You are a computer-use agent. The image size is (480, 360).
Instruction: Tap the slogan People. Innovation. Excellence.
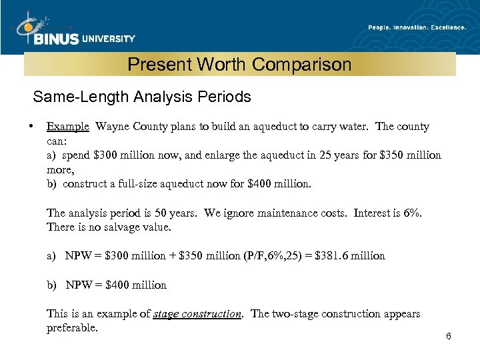tap(417, 27)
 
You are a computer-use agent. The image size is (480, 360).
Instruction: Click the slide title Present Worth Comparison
tap(239, 65)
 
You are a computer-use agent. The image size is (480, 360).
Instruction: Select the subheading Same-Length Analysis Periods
tap(142, 97)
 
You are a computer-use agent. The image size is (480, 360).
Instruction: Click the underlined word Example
tap(67, 127)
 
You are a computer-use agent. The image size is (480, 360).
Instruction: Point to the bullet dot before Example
tap(31, 126)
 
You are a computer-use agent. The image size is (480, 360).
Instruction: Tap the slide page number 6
tap(449, 336)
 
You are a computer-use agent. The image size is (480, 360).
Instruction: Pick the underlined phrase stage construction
tap(197, 314)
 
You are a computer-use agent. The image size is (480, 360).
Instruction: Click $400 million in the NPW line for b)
tap(136, 285)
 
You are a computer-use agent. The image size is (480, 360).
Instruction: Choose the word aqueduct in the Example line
tap(280, 127)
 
